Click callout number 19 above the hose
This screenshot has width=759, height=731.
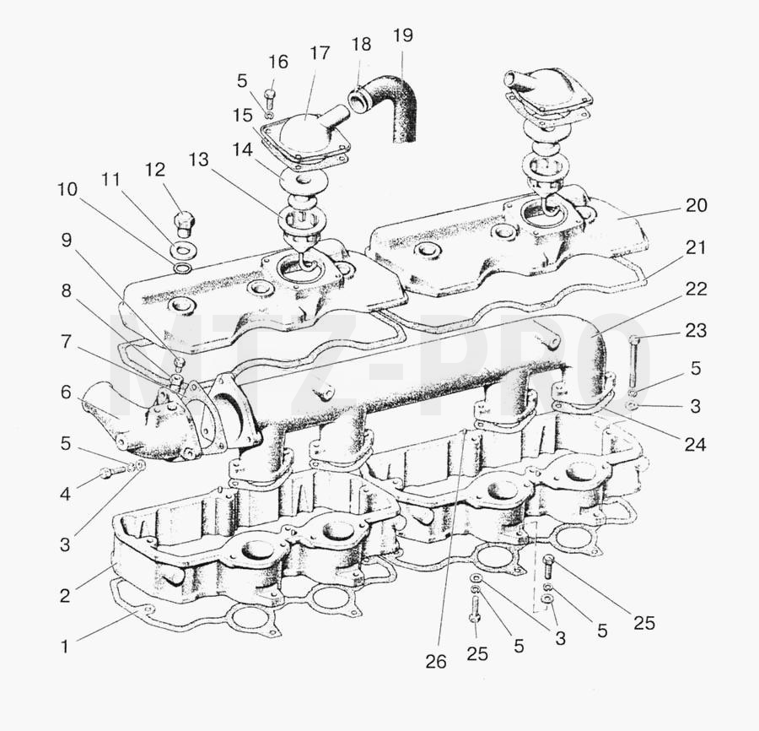pos(403,35)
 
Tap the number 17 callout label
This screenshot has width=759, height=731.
pos(320,53)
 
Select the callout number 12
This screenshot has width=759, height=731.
pos(155,169)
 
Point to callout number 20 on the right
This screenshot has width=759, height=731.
pos(696,205)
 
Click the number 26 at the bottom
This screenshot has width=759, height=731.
pos(436,661)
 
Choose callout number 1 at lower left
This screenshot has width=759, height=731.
pos(64,647)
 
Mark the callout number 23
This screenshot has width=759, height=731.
pos(696,330)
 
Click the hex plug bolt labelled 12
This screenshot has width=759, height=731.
pos(185,225)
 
